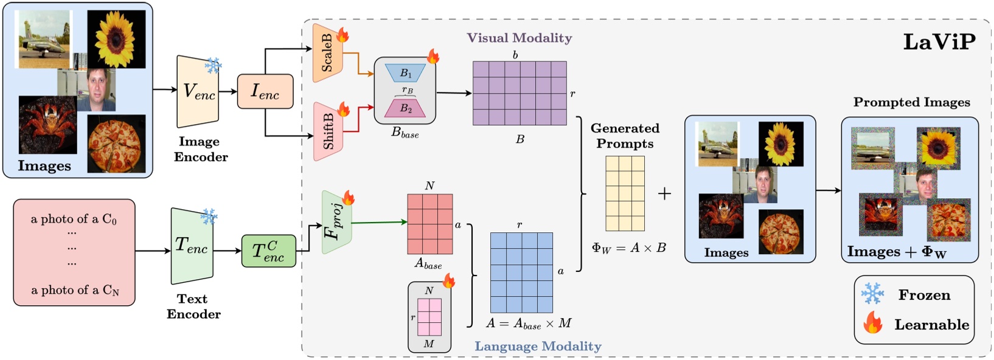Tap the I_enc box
[x=265, y=92]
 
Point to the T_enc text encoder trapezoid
[x=192, y=246]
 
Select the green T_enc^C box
[x=268, y=251]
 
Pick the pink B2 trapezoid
[x=405, y=108]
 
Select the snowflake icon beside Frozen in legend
[x=872, y=294]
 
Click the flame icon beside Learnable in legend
[x=873, y=323]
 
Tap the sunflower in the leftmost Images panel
[x=116, y=39]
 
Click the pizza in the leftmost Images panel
[x=116, y=144]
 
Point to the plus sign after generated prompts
[x=664, y=193]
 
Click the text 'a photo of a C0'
[x=74, y=219]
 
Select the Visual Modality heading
[x=519, y=38]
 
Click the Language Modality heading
[x=538, y=346]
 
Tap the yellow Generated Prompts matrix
[x=625, y=193]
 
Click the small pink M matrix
[x=429, y=317]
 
